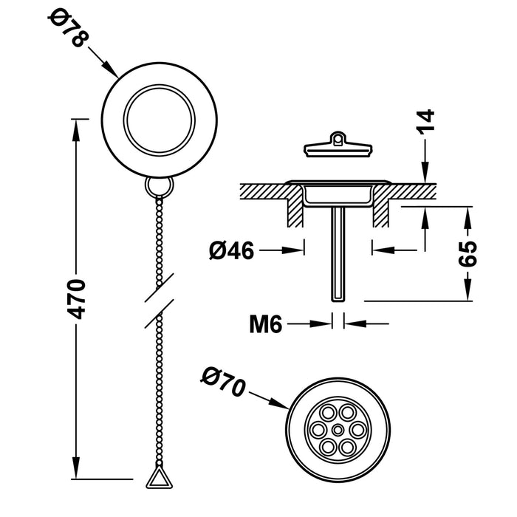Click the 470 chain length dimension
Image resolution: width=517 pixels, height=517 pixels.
pos(77,298)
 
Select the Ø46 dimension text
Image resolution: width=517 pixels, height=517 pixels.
pos(231,251)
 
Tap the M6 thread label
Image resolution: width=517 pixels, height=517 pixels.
pos(266,324)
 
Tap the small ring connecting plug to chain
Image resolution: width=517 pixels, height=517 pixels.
pos(159,185)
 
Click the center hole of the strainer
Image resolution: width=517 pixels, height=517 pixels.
pos(338,430)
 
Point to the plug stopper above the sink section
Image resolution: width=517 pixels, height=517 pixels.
pos(338,148)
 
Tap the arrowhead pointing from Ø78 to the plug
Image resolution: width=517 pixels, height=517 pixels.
pos(113,72)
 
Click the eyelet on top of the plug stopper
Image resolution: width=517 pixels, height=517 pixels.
pos(338,137)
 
